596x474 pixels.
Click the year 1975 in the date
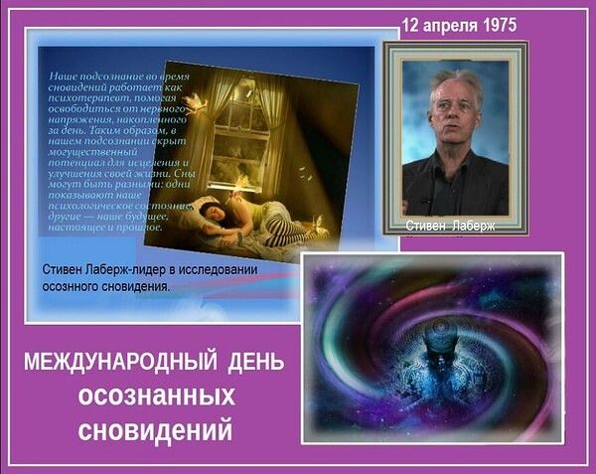pos(496,25)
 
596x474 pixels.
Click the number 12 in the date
pos(409,25)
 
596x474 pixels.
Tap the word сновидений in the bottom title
pos(156,431)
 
